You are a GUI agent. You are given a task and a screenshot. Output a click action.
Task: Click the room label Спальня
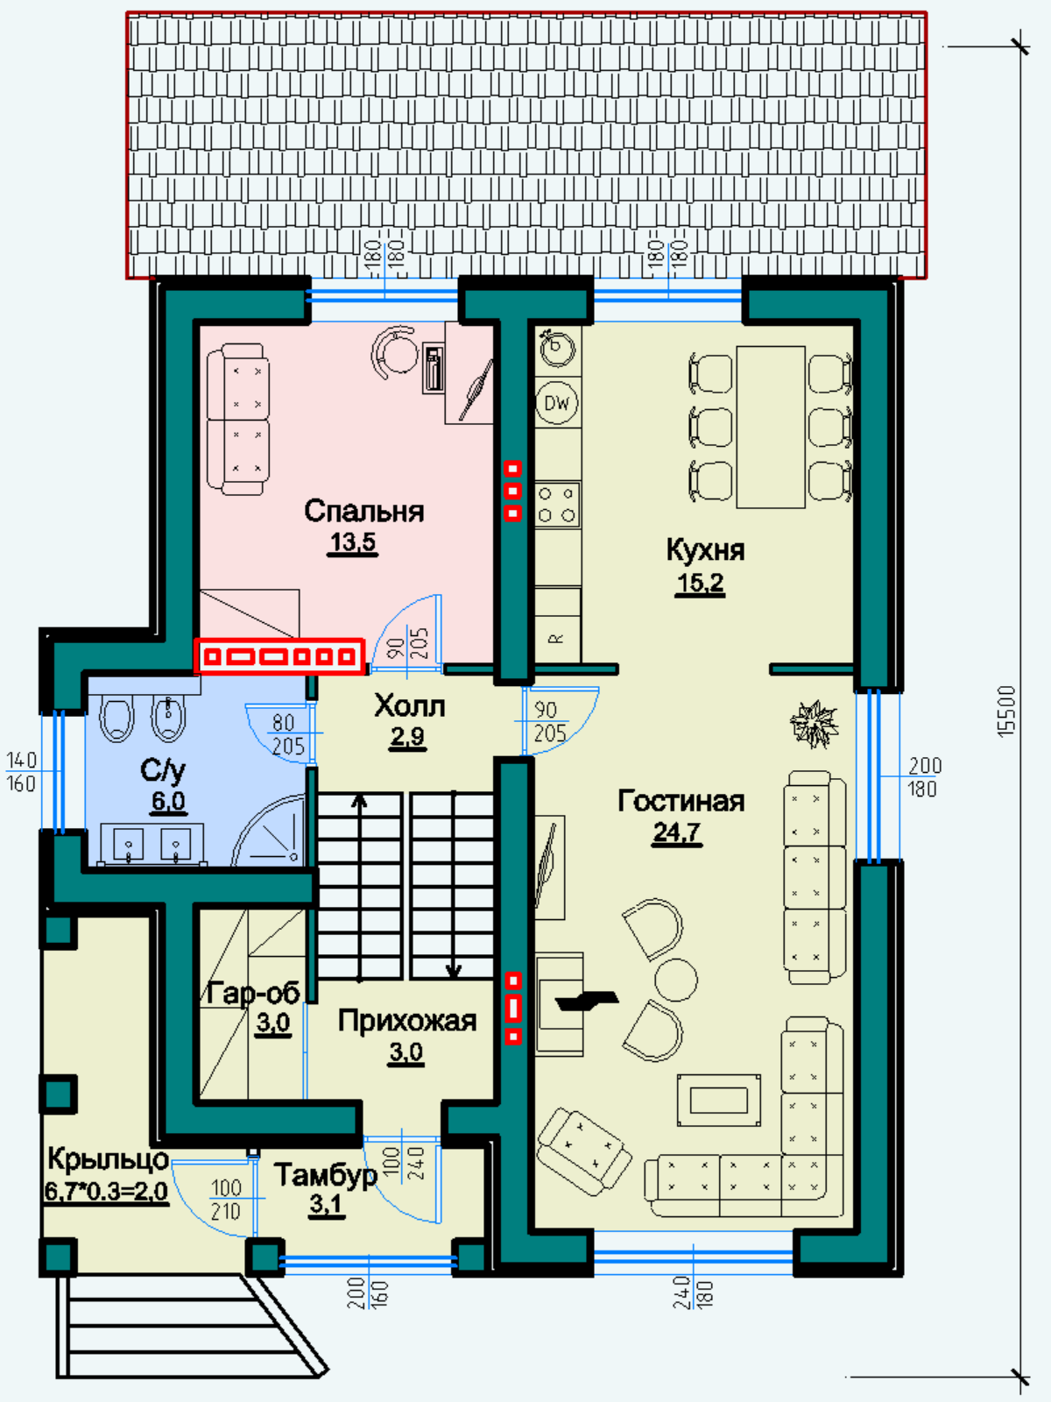[363, 511]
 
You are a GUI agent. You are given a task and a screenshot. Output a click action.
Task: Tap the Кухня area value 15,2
[700, 583]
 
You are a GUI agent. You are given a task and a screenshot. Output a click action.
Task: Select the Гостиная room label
[681, 800]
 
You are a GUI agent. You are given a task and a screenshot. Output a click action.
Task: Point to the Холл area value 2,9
[408, 736]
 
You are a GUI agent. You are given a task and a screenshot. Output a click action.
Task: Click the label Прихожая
[407, 1022]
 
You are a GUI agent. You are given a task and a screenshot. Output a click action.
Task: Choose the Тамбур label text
[326, 1176]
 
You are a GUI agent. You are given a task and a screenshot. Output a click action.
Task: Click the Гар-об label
[253, 993]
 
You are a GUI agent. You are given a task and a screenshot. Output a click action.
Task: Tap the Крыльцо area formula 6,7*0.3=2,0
[107, 1191]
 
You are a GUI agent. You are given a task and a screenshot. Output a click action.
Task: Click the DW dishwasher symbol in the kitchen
[558, 402]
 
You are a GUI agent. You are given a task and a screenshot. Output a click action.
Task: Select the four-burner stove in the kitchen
[558, 505]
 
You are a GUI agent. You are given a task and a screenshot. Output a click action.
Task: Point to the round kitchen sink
[556, 348]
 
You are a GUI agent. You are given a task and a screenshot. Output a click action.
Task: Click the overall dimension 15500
[1006, 712]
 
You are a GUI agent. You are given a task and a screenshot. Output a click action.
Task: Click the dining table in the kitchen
[770, 428]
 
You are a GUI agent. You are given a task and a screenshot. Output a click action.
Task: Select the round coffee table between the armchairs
[676, 980]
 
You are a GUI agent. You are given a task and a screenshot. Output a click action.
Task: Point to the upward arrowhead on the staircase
[360, 801]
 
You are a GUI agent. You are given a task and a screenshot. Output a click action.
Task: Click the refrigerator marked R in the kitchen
[557, 625]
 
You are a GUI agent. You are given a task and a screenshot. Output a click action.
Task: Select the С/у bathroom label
[163, 771]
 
